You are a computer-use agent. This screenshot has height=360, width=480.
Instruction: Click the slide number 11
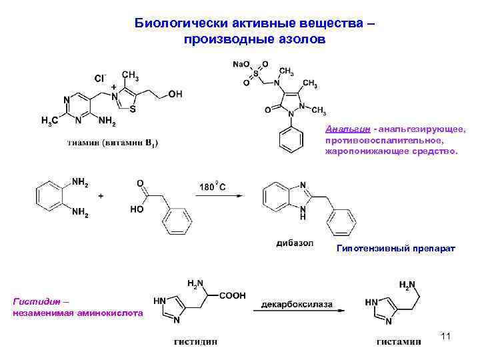[446, 336]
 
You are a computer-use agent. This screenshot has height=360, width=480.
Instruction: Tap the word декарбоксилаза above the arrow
[296, 304]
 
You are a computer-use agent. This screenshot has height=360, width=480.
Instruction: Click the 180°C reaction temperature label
[212, 187]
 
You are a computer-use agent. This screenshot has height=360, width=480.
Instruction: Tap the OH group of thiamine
[175, 95]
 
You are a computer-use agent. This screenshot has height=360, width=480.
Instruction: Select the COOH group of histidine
[232, 295]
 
